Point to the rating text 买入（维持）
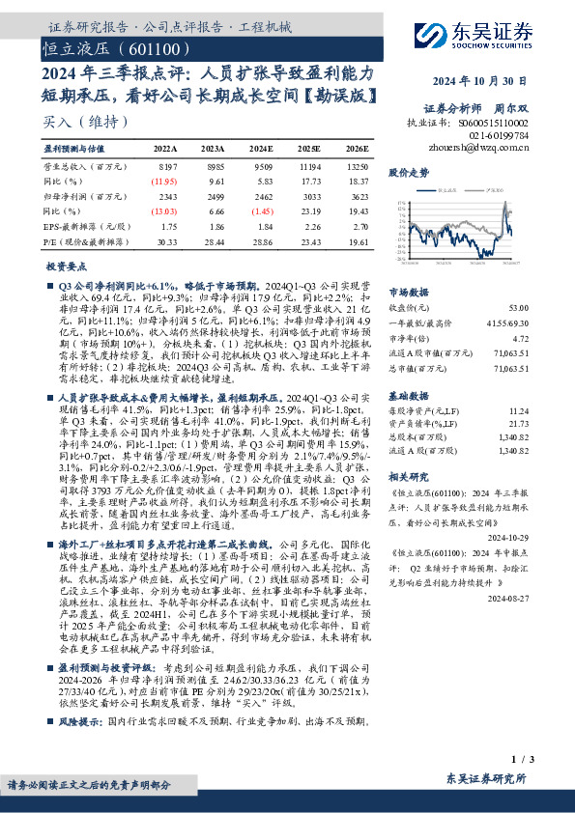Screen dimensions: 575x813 coord(85,123)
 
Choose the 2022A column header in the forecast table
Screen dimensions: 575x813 coord(164,150)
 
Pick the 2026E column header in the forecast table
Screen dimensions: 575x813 coord(357,150)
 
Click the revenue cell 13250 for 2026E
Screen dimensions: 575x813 coord(356,166)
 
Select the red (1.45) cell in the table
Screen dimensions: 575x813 coord(260,210)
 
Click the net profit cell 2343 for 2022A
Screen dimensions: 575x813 coord(165,196)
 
